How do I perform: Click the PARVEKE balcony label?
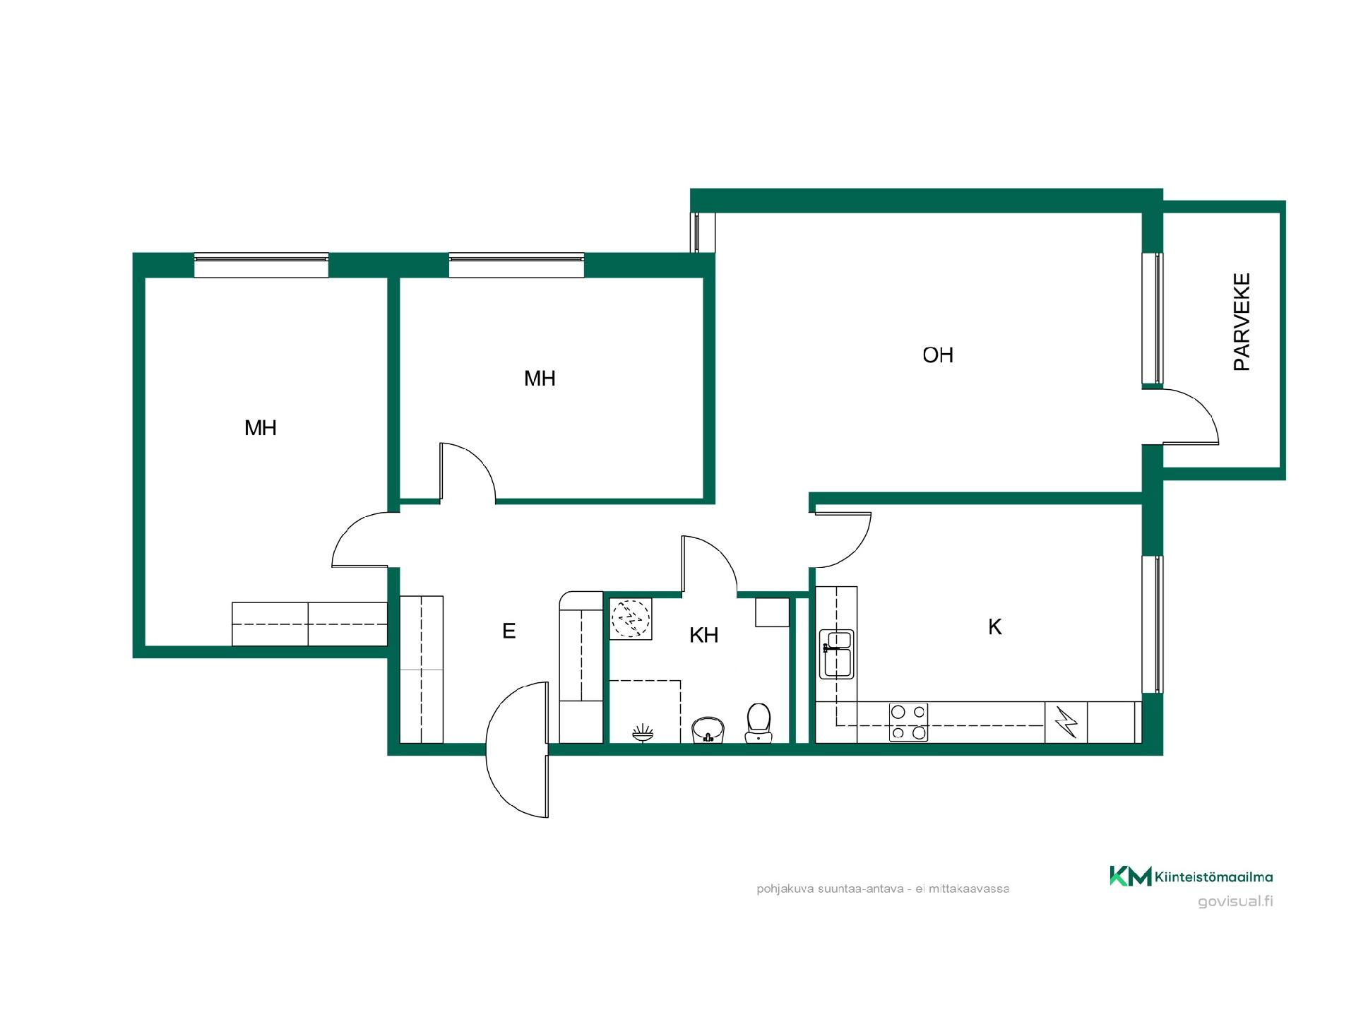1242,322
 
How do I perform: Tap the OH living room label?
938,355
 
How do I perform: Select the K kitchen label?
994,626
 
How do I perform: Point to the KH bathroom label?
703,635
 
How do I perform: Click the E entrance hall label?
509,631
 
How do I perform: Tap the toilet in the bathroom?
759,722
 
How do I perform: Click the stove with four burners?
908,722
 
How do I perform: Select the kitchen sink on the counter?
837,654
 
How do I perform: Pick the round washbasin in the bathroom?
708,729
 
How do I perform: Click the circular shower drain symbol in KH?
630,619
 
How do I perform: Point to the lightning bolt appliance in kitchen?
1066,722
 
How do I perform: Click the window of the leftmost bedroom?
261,266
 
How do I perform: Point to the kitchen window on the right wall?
1153,624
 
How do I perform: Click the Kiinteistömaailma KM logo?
1191,876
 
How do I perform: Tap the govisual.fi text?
1235,902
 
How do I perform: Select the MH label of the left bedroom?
260,427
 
